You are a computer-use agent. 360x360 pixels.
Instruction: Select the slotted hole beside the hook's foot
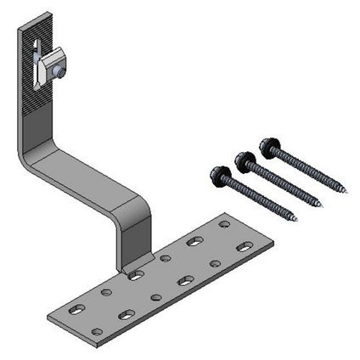(136, 274)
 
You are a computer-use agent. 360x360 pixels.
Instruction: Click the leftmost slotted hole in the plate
(76, 308)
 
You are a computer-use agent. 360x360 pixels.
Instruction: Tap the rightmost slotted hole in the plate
(245, 246)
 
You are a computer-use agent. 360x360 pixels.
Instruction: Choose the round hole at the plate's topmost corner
(224, 224)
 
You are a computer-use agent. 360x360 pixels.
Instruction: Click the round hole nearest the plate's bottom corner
(98, 331)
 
